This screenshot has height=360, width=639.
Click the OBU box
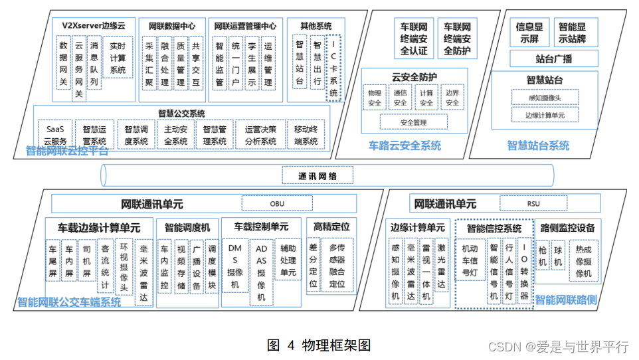point(276,203)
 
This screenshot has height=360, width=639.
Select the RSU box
point(525,203)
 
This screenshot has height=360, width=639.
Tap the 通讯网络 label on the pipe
point(318,175)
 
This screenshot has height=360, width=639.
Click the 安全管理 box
point(413,122)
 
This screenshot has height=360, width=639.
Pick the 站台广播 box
point(545,59)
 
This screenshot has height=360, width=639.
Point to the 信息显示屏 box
point(529,33)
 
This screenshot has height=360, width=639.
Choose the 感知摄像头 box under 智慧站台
point(545,98)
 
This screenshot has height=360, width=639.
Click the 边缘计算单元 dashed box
point(545,115)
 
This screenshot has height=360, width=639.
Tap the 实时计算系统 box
point(118,58)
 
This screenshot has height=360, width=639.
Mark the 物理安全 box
point(375,98)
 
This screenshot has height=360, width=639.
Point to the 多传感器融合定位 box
point(337,266)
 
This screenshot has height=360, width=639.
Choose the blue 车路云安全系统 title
point(405,146)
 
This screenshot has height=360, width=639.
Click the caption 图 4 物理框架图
point(319,345)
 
